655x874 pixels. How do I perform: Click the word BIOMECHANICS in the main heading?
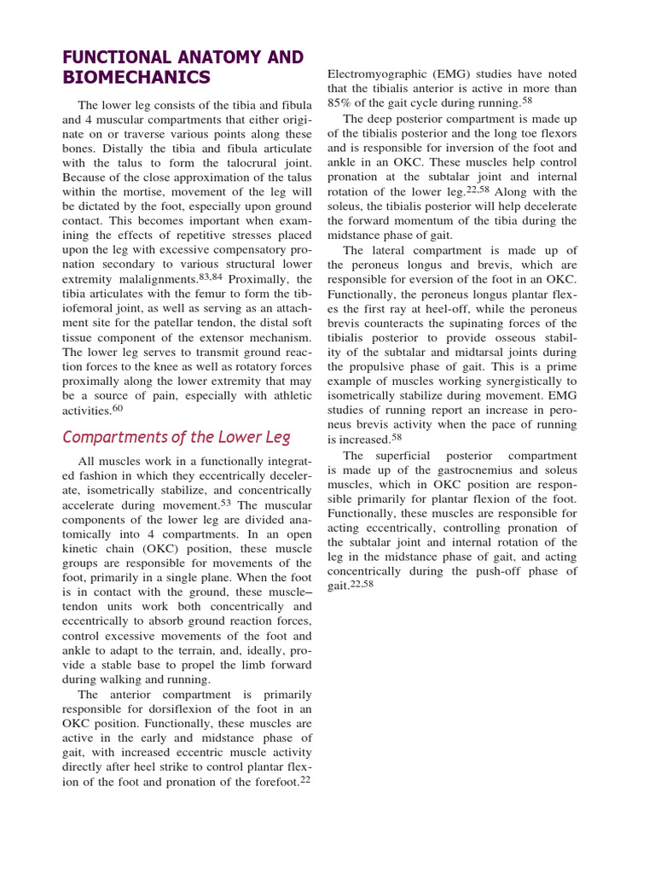[136, 78]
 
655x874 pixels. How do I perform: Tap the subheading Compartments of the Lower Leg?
[177, 437]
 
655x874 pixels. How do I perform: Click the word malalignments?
[152, 280]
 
